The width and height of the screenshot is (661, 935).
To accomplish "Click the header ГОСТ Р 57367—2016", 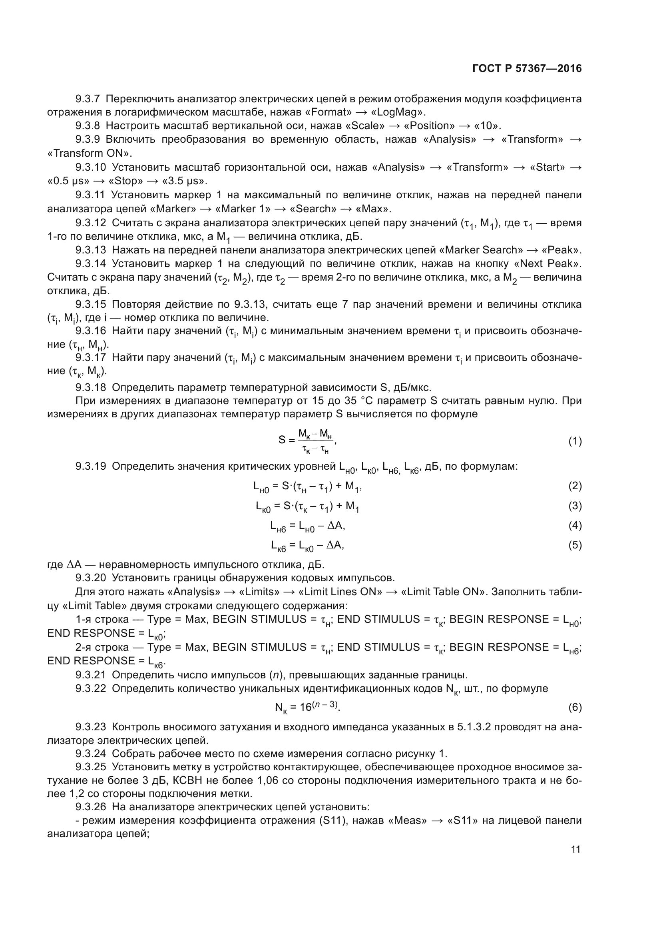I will pyautogui.click(x=527, y=68).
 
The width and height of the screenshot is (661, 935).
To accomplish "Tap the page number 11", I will pyautogui.click(x=575, y=849).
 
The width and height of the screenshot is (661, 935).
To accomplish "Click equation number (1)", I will pyautogui.click(x=575, y=441).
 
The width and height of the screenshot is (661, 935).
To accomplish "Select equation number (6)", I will pyautogui.click(x=575, y=708).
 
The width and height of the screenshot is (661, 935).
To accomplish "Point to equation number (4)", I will pyautogui.click(x=575, y=525).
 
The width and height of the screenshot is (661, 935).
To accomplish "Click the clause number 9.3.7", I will pyautogui.click(x=88, y=99).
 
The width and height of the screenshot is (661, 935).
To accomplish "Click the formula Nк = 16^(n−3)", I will pyautogui.click(x=307, y=707).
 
